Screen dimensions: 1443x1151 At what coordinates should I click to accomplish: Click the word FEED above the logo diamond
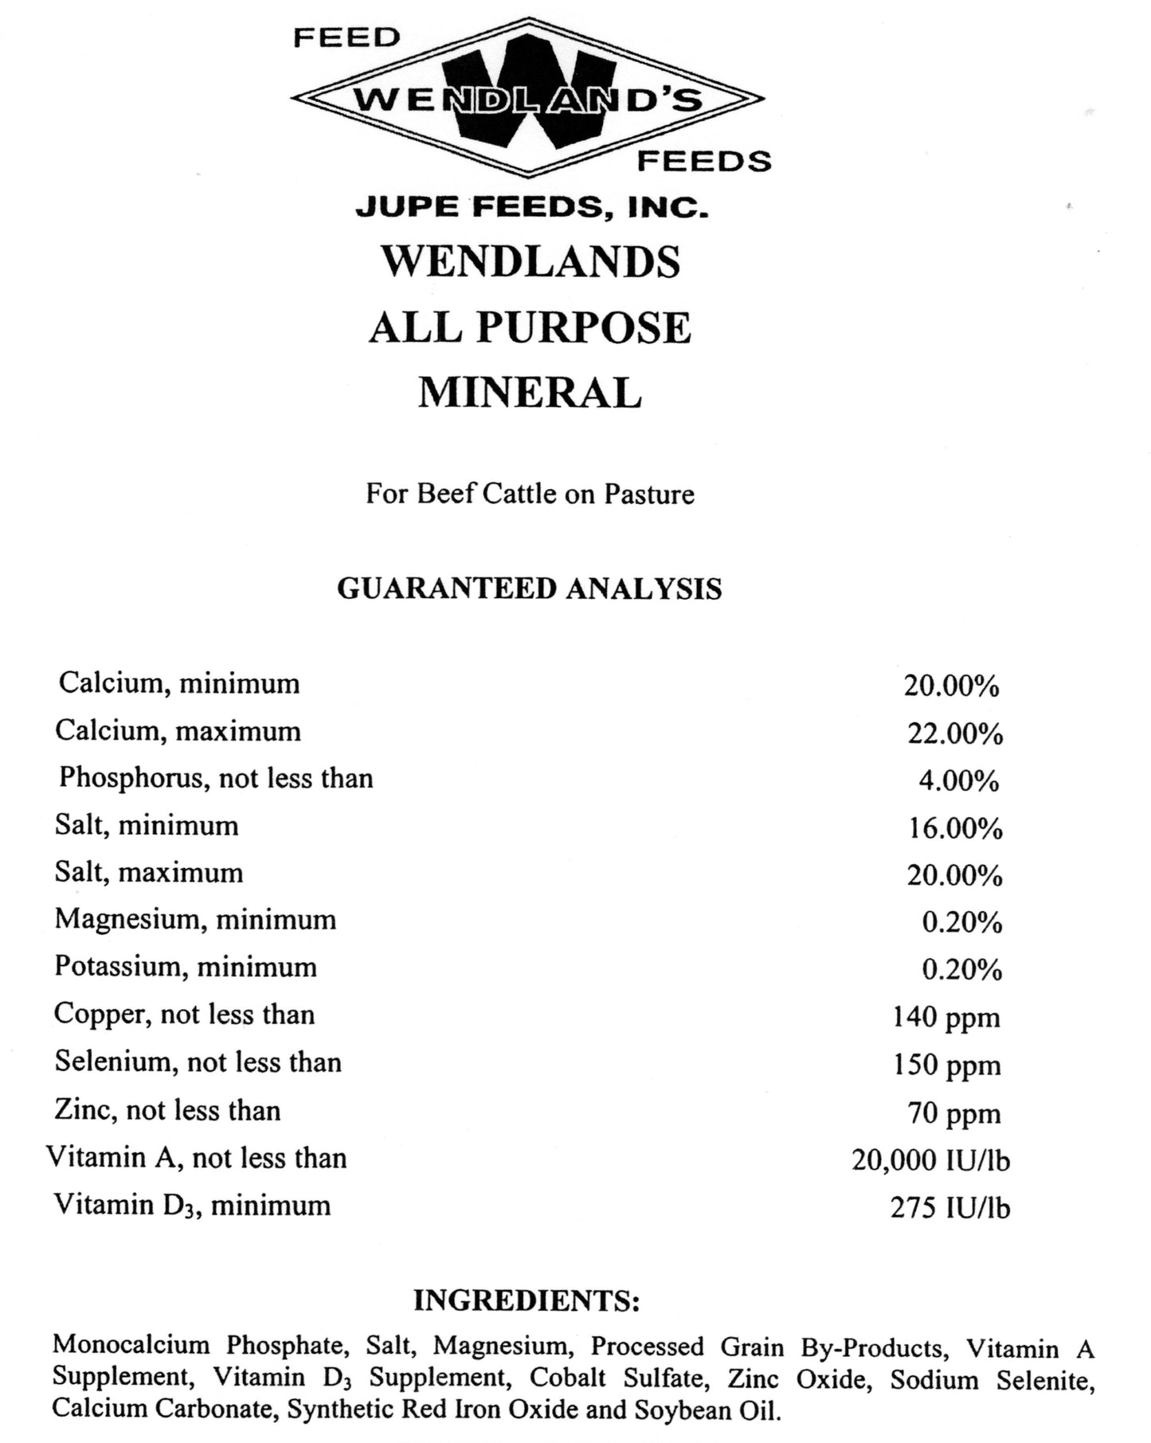[x=346, y=37]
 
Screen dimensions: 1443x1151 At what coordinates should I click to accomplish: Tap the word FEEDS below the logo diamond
[x=704, y=162]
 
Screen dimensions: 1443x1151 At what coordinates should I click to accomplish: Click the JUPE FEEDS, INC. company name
[x=531, y=207]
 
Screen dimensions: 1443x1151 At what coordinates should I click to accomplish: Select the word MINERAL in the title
[x=530, y=393]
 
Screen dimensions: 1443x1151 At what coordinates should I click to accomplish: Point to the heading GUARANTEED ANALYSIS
[x=530, y=589]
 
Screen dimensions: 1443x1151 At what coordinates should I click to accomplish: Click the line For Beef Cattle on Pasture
[x=530, y=494]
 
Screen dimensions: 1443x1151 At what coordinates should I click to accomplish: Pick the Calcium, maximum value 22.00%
[x=955, y=733]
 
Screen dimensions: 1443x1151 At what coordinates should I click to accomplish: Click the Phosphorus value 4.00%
[x=958, y=780]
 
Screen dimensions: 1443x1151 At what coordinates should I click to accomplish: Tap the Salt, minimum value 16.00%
[x=955, y=828]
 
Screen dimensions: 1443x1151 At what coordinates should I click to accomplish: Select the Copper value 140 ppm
[x=946, y=1018]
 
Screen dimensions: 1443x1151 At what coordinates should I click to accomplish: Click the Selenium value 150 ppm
[x=946, y=1066]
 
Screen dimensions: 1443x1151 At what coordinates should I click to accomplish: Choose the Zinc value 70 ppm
[x=953, y=1113]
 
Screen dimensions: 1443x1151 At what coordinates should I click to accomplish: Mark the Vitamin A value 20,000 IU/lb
[x=930, y=1160]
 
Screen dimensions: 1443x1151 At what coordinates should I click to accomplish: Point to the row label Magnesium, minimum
[x=195, y=920]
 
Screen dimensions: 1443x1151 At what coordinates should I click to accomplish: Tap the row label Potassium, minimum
[x=186, y=967]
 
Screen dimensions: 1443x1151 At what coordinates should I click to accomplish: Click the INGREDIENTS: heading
[x=527, y=1300]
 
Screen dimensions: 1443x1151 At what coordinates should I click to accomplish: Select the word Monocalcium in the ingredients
[x=131, y=1345]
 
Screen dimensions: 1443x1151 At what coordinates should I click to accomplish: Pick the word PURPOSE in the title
[x=584, y=327]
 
